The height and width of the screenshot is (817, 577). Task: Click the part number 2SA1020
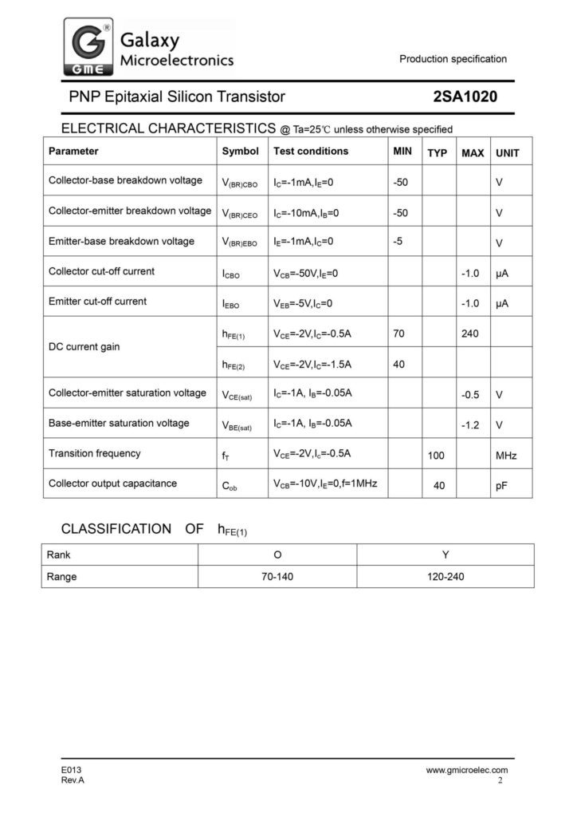click(x=465, y=97)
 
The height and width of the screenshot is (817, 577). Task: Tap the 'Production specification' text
click(x=453, y=59)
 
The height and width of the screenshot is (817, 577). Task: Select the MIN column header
click(x=402, y=151)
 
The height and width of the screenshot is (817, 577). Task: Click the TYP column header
click(x=437, y=152)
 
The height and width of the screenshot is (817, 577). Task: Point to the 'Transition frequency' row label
click(x=94, y=453)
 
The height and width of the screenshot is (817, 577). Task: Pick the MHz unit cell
click(x=506, y=456)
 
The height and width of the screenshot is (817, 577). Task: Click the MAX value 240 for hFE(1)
click(x=469, y=334)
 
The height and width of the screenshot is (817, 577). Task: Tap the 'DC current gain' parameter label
click(x=83, y=348)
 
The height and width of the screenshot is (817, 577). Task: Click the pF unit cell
click(x=501, y=485)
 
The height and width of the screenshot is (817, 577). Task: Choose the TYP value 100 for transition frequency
click(x=437, y=455)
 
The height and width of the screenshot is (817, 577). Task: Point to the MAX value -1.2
click(x=469, y=424)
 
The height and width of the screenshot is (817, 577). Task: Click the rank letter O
click(x=277, y=554)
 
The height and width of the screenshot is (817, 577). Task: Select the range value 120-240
click(x=446, y=576)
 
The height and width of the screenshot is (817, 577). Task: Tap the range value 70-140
click(x=278, y=576)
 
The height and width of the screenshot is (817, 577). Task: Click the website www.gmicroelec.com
click(x=467, y=770)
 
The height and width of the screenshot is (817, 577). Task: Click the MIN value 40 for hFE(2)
click(x=398, y=364)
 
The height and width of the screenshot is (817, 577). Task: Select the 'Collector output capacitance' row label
click(x=112, y=483)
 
